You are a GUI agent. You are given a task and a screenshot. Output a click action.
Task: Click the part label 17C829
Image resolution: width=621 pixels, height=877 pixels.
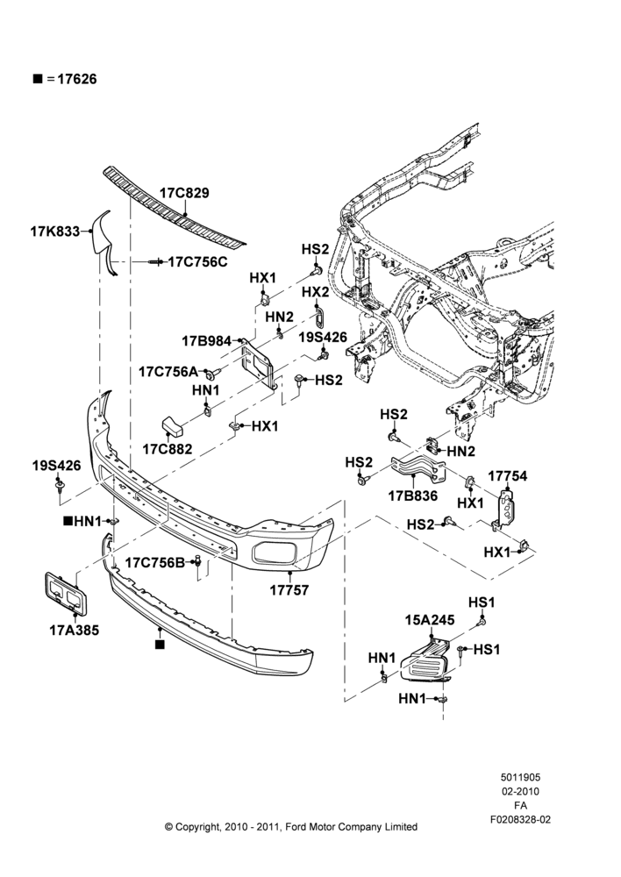tap(184, 193)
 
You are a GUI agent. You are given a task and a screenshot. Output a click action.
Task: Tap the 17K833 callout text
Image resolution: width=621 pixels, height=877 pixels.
tap(55, 231)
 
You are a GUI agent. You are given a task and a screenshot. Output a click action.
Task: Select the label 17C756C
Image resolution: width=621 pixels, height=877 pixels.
tap(198, 261)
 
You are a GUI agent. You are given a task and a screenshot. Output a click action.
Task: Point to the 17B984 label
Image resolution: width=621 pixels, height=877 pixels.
tap(206, 340)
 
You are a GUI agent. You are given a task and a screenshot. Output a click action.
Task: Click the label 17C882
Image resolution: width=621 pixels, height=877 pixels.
tap(168, 448)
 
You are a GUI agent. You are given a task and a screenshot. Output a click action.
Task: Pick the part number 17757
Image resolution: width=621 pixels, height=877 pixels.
tap(289, 589)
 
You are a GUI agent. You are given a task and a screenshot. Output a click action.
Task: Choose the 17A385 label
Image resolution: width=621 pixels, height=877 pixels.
tap(74, 631)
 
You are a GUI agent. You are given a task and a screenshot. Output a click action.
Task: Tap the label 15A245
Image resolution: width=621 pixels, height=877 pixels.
tap(430, 620)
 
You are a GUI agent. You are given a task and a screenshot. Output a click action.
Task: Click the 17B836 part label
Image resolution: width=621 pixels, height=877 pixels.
tap(413, 496)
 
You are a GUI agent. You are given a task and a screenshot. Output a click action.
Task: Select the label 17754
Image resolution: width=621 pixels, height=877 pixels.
tap(508, 476)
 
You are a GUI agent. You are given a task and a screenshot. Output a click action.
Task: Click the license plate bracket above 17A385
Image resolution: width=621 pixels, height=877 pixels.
tap(65, 593)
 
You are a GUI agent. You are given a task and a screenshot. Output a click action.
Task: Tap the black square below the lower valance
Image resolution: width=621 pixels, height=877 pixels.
tap(160, 645)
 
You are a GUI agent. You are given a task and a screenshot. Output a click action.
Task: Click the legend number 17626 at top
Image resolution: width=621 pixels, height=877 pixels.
tap(76, 80)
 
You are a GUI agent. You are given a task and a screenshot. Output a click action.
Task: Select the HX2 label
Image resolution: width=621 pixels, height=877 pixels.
tap(316, 293)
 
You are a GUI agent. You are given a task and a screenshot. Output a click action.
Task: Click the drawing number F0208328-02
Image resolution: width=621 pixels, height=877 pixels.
tap(520, 819)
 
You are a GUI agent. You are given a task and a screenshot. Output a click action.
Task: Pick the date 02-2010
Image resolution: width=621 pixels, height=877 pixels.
tap(520, 791)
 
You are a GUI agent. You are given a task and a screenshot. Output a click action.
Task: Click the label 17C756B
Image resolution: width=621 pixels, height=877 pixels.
tap(155, 563)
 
